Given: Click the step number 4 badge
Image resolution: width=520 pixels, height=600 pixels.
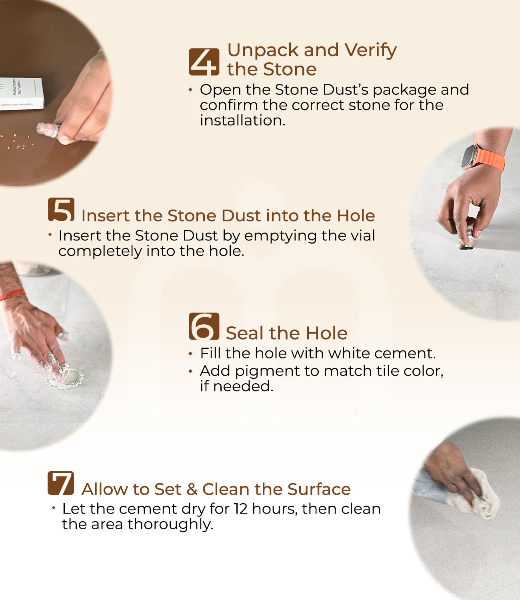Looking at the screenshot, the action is tap(204, 62).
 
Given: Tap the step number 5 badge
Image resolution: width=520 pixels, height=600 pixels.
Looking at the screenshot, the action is tap(61, 210).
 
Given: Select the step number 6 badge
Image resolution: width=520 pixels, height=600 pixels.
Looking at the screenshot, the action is tap(204, 326).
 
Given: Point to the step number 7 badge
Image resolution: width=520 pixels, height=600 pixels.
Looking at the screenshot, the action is tap(61, 483).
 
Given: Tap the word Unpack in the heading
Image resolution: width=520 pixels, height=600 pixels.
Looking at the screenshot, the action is tap(263, 50).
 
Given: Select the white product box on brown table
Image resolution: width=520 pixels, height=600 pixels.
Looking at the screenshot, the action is tap(21, 94).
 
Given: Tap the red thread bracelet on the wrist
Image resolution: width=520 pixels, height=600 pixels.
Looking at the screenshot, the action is tap(12, 295).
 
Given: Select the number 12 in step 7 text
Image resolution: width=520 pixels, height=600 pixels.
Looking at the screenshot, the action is tap(241, 509).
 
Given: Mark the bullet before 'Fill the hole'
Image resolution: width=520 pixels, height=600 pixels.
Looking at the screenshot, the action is tap(190, 354).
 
